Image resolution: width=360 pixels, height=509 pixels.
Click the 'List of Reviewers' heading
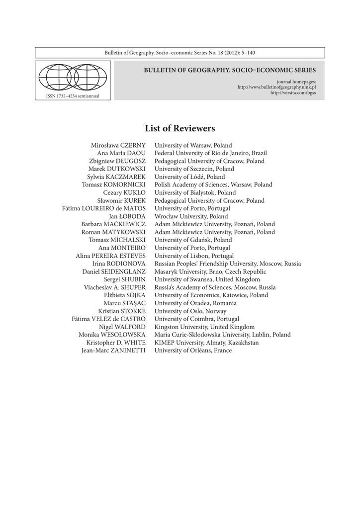(180, 129)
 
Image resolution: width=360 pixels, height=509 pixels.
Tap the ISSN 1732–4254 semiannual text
(73, 95)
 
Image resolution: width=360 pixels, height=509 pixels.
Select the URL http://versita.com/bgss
(293, 92)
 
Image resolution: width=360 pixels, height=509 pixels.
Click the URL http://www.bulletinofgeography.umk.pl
(277, 87)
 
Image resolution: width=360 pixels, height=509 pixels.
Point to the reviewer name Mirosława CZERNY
(118, 145)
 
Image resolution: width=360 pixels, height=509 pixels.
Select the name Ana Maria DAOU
(121, 153)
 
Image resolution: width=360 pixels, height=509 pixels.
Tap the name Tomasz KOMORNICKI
(114, 184)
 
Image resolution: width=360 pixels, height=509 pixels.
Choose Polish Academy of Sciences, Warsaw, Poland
(213, 184)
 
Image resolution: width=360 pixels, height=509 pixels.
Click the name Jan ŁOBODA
(127, 216)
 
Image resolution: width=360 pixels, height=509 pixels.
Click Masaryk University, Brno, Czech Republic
(210, 271)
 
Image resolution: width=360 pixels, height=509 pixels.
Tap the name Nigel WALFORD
(122, 327)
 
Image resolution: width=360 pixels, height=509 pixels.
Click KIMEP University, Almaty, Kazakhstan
(206, 342)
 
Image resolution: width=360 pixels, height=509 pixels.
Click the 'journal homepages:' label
(296, 82)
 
